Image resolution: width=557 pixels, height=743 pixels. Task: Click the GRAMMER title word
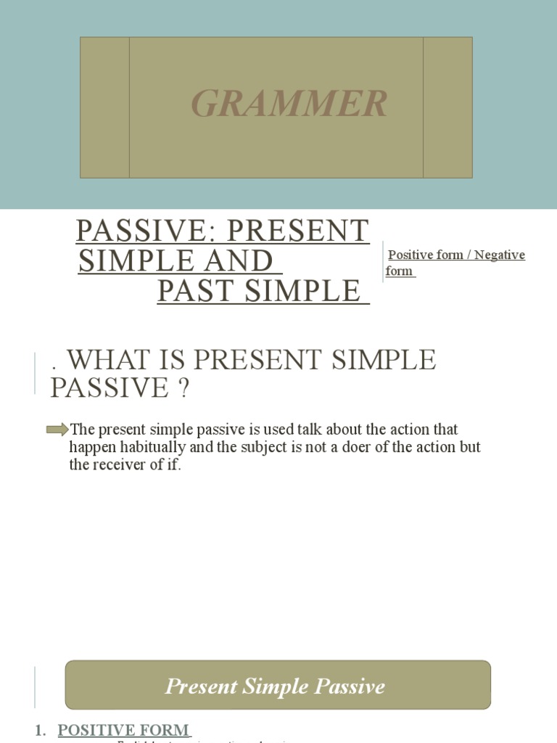click(x=289, y=103)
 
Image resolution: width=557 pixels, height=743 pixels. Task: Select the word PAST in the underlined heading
click(x=195, y=291)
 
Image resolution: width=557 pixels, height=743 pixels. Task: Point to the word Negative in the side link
click(x=500, y=255)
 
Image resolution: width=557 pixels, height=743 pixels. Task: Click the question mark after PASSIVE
click(x=183, y=389)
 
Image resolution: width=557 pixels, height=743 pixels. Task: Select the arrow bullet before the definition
click(x=57, y=430)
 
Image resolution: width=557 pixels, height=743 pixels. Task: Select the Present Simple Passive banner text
click(x=275, y=686)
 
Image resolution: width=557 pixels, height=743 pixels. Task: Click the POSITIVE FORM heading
click(x=123, y=730)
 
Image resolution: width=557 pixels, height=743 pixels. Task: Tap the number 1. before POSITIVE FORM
click(x=41, y=731)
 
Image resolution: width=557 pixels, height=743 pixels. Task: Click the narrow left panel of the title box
click(x=104, y=107)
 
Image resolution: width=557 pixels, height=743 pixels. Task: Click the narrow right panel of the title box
click(x=447, y=107)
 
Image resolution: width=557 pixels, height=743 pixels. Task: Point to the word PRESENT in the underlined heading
click(x=298, y=231)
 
